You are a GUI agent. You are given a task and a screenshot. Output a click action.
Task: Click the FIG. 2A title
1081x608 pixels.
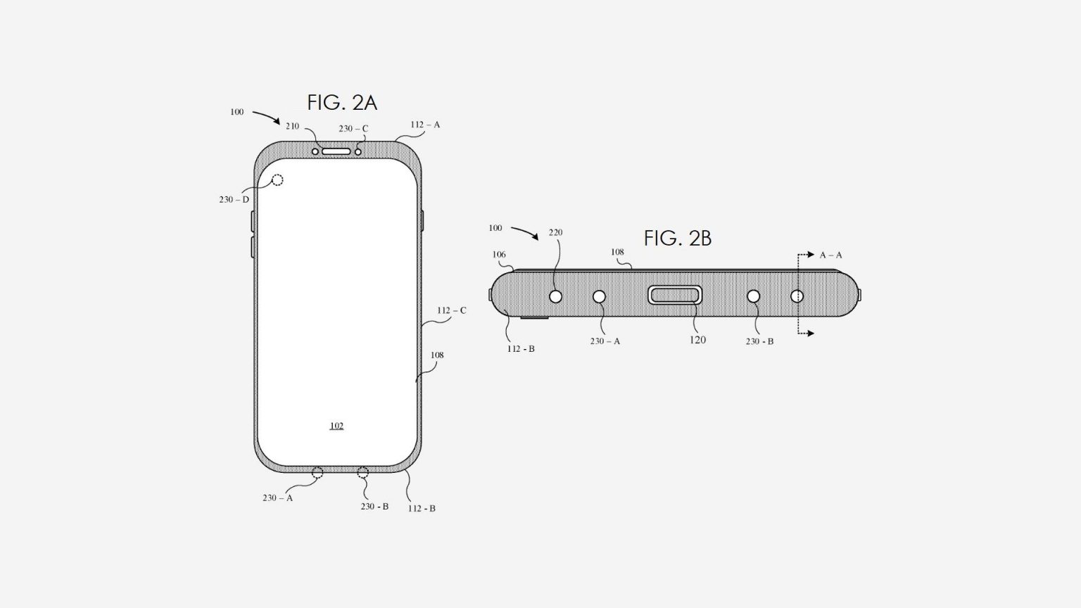[x=342, y=103]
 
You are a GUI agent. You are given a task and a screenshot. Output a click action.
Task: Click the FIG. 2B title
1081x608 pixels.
[x=677, y=239]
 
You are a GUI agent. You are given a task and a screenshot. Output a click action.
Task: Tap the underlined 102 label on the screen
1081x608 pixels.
[x=336, y=426]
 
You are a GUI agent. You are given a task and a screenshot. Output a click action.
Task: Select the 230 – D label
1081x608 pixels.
[x=234, y=200]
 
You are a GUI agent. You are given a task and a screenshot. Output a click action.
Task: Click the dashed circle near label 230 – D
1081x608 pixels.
[x=277, y=180]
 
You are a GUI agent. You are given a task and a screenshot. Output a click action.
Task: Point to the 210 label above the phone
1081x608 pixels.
[x=292, y=127]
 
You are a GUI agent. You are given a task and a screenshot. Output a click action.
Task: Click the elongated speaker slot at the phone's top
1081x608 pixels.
[x=336, y=151]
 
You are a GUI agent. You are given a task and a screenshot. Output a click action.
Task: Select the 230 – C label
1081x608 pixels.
[x=353, y=129]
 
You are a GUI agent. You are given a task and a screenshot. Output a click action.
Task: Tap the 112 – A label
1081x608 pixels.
[x=425, y=125]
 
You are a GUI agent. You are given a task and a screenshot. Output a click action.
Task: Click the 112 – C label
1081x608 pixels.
[x=451, y=310]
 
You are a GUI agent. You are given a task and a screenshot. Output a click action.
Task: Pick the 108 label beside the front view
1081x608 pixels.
[x=437, y=355]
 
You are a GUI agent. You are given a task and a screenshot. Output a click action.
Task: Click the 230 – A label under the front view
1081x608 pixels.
[x=277, y=498]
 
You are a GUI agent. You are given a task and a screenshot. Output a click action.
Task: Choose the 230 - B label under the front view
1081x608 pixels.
[x=374, y=507]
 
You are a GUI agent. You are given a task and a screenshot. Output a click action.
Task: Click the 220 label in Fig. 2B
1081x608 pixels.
[x=555, y=233]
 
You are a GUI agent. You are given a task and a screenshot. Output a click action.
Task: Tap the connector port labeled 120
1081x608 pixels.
[x=675, y=295]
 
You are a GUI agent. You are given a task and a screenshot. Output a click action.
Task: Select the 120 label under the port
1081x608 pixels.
[x=697, y=340]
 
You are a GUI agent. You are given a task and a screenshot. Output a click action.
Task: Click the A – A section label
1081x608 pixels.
[x=830, y=255]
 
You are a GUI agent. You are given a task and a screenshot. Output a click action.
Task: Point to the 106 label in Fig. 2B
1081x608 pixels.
[x=499, y=255]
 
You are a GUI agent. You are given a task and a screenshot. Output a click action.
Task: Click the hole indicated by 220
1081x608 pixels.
[x=555, y=296]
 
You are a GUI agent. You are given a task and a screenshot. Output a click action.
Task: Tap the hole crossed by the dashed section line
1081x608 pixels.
[x=797, y=296]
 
